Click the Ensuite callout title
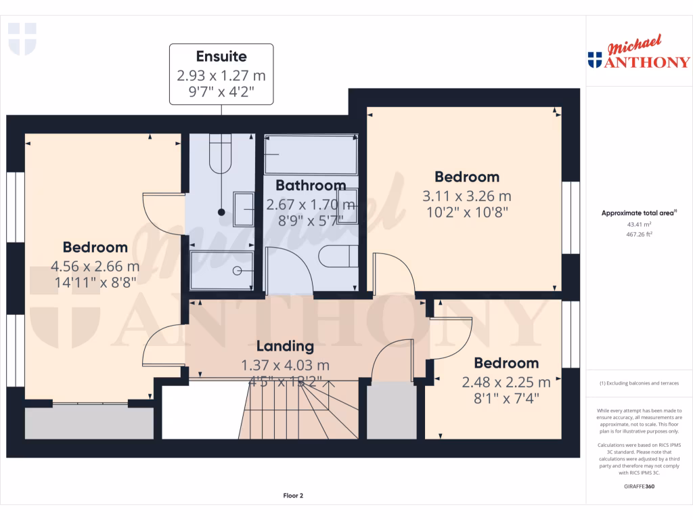221,56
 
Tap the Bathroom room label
311,185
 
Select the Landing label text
285,346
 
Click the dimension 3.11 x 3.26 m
467,196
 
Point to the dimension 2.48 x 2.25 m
506,383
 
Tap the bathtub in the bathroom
311,155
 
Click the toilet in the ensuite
221,154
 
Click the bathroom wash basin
346,207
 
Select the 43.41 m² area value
639,224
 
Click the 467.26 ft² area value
639,234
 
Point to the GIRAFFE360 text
639,486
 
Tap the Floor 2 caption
293,496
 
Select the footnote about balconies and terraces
639,383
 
